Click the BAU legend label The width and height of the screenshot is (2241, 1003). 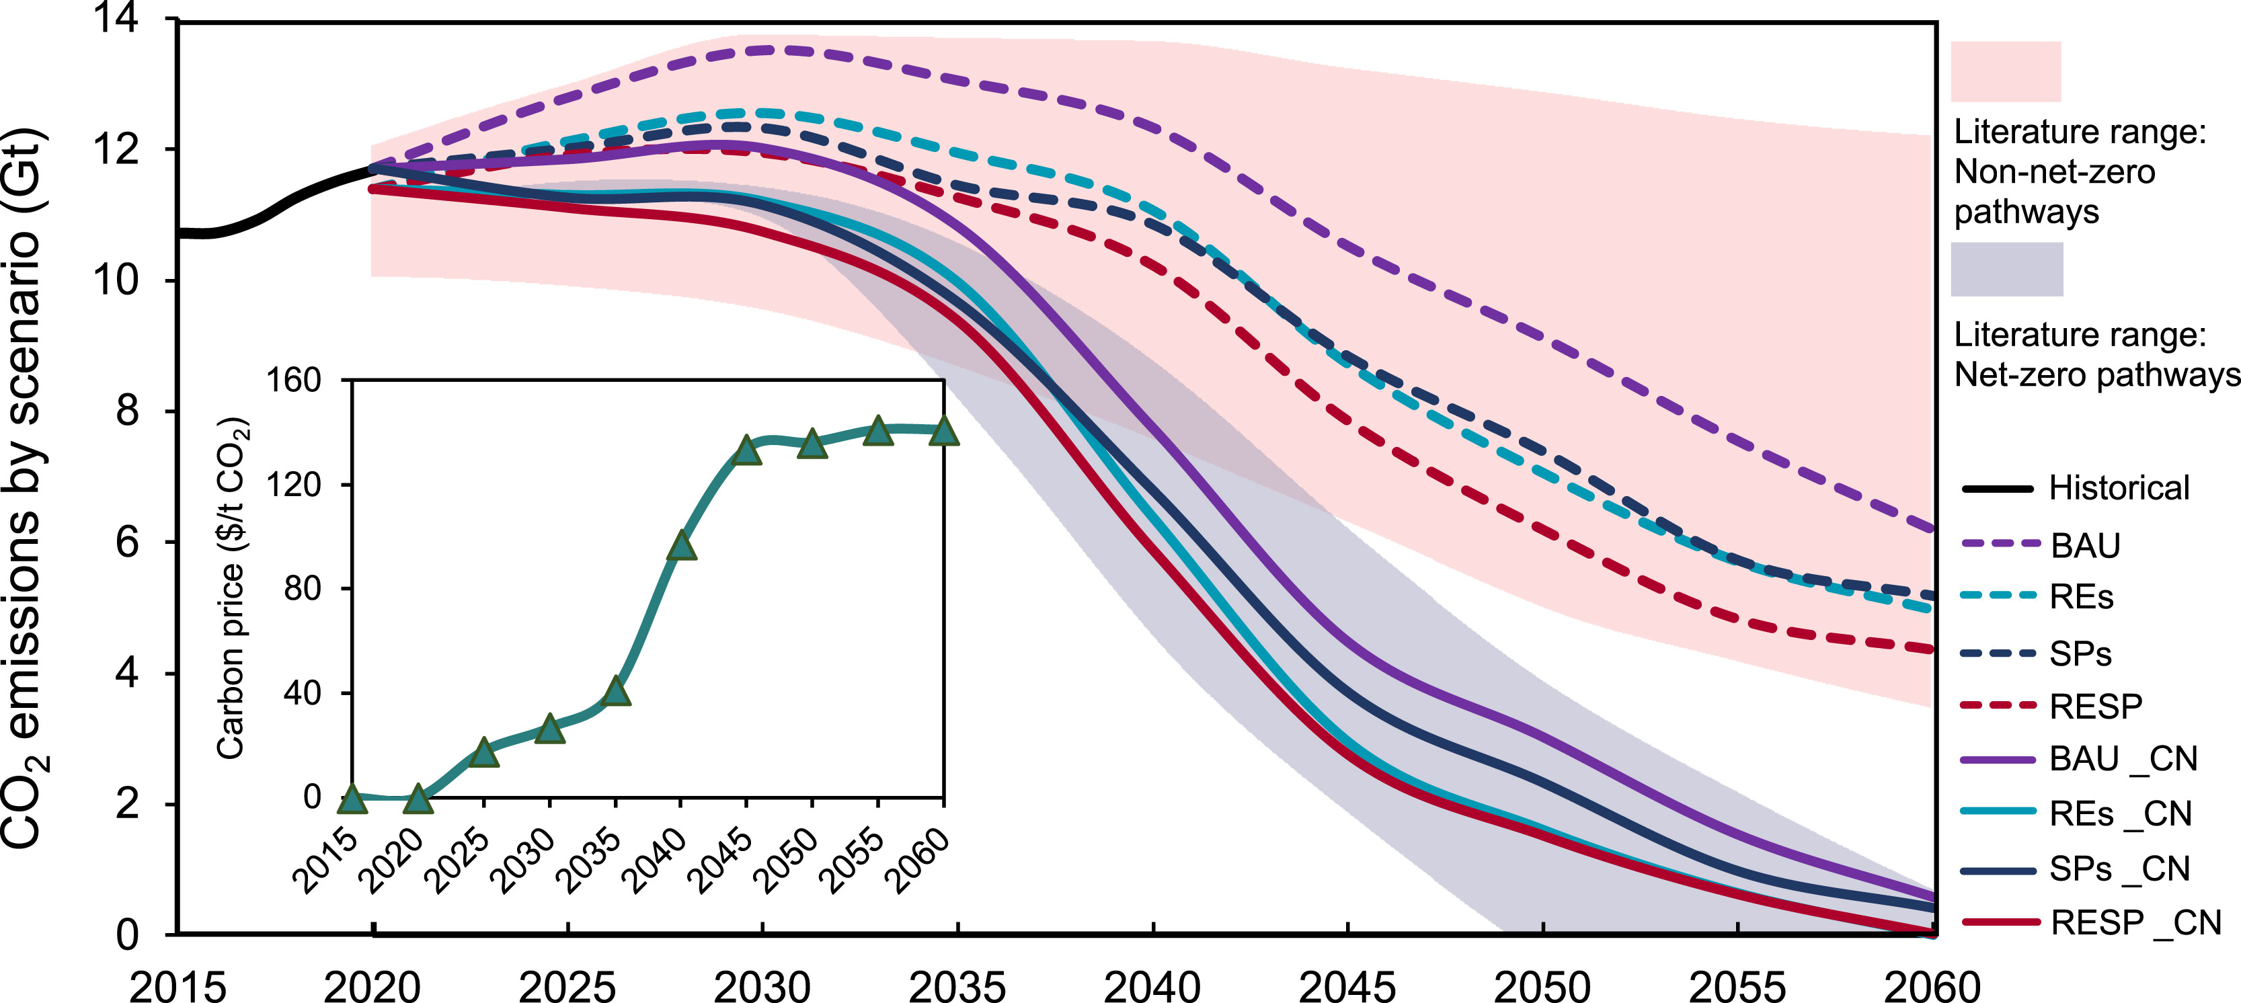point(2085,545)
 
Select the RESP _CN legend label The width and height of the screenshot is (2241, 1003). point(2135,923)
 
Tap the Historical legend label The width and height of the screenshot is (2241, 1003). point(2119,488)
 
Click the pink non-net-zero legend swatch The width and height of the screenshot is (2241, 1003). point(2005,71)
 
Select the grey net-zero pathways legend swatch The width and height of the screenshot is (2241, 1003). point(2006,269)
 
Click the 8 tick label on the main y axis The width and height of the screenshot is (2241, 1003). point(127,411)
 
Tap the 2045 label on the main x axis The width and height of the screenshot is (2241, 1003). point(1347,986)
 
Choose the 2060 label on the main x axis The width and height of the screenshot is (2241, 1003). point(1931,986)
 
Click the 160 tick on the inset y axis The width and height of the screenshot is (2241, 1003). point(293,380)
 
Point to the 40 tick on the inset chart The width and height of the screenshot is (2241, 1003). point(302,693)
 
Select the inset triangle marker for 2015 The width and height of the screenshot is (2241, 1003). point(352,799)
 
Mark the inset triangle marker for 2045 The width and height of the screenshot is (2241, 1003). point(746,450)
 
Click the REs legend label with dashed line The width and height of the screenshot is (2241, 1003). point(2081,597)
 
